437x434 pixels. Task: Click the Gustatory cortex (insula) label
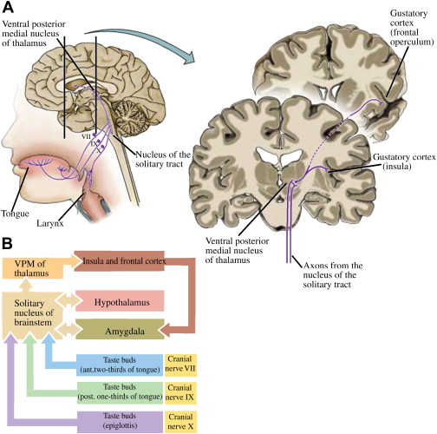click(x=397, y=161)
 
